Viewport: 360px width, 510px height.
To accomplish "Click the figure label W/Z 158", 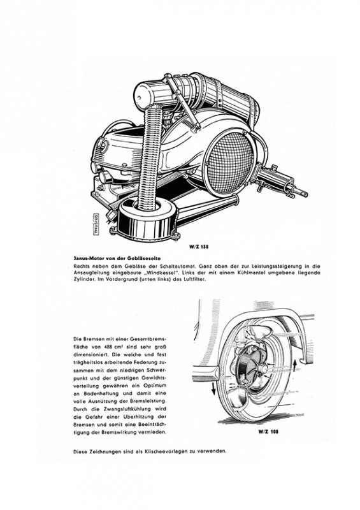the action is [x=199, y=247].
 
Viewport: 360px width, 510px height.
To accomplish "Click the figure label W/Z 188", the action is [x=268, y=432].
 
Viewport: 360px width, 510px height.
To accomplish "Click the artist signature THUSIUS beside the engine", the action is [x=96, y=224].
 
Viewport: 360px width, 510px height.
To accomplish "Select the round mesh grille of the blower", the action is [x=230, y=168].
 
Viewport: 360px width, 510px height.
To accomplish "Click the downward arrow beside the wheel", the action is [x=213, y=388].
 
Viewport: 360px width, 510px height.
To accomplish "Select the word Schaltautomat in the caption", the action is [x=177, y=266].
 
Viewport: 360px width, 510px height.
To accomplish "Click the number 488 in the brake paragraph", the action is [x=106, y=347].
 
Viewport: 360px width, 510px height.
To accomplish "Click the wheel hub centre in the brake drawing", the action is [x=263, y=368].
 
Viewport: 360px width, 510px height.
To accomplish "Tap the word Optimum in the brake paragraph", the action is [x=155, y=386].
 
